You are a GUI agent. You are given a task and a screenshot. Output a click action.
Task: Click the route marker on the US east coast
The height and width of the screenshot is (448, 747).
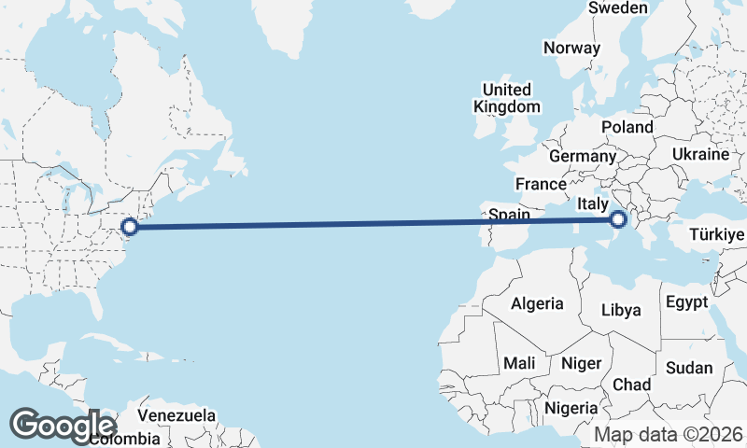click(131, 226)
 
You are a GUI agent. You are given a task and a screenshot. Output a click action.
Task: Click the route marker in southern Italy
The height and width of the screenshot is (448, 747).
click(617, 220)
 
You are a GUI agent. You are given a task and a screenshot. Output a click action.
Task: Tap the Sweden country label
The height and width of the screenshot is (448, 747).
click(617, 8)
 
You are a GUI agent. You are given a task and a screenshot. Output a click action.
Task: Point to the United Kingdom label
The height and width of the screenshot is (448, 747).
click(506, 98)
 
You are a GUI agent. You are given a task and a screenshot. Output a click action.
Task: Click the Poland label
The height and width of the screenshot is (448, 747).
click(627, 127)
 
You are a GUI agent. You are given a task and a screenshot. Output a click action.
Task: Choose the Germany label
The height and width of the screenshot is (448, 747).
click(583, 156)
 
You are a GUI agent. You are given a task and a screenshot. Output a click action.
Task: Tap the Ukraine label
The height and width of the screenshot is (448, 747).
click(699, 154)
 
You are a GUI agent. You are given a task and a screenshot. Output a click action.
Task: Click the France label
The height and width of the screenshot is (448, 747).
click(541, 184)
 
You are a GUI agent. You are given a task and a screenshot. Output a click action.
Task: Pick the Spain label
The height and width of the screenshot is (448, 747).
click(510, 215)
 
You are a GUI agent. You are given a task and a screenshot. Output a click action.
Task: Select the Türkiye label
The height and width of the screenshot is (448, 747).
click(717, 234)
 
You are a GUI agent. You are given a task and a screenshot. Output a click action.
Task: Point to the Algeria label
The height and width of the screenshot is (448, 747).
click(537, 303)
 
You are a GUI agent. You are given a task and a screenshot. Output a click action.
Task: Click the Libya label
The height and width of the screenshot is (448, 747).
click(622, 310)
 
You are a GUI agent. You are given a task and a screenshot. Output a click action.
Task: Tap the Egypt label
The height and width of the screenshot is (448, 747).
click(686, 302)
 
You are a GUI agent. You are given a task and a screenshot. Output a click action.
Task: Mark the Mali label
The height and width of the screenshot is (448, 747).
click(518, 362)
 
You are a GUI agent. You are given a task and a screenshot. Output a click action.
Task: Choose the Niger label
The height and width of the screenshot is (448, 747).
click(582, 363)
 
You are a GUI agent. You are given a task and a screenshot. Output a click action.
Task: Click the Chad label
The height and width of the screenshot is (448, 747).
click(631, 385)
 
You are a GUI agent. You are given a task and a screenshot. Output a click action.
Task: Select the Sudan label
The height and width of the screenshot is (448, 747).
click(689, 368)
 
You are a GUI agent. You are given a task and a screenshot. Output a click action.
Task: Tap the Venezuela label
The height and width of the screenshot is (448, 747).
click(176, 415)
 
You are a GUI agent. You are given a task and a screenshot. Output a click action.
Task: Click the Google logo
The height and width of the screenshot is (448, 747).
click(63, 425)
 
